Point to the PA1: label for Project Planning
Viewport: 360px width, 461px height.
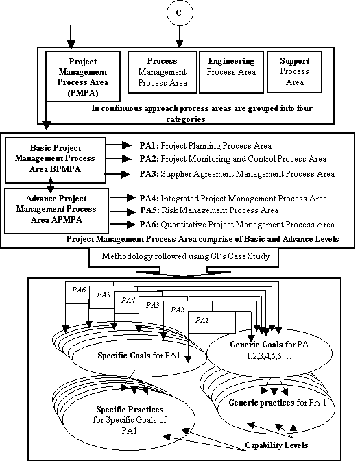[x=149, y=146]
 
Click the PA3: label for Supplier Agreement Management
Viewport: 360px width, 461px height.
[x=149, y=174]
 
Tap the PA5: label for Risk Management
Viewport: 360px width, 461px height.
[x=149, y=210]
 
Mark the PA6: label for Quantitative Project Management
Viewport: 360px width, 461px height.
[x=149, y=225]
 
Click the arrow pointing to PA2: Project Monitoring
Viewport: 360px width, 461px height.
[x=119, y=159]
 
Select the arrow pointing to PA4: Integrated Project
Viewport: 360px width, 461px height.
[x=123, y=198]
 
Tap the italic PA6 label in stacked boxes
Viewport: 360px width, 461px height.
[x=79, y=290]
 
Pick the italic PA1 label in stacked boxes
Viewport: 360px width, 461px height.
[x=202, y=320]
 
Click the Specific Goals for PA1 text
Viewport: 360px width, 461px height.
[x=139, y=356]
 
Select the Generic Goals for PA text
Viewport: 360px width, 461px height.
[x=269, y=345]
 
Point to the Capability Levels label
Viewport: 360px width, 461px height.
[x=277, y=445]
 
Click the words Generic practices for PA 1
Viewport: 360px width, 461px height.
[x=278, y=403]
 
